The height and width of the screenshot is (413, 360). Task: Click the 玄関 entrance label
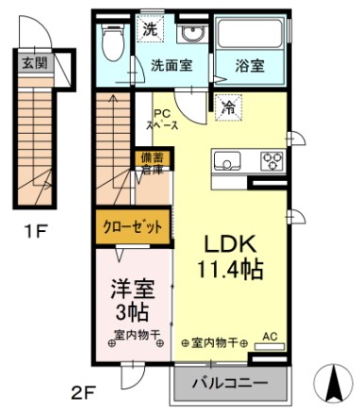34,65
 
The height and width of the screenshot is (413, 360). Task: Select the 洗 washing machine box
151,28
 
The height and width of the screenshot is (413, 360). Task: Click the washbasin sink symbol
193,35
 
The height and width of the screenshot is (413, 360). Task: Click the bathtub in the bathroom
251,36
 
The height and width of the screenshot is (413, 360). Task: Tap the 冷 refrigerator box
230,107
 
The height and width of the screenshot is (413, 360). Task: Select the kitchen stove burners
272,159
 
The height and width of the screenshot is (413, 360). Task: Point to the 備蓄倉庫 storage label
152,164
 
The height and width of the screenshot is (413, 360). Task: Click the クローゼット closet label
132,226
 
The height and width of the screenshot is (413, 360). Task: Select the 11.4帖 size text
230,269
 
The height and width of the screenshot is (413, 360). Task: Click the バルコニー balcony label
230,384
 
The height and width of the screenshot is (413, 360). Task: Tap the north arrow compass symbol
335,381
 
